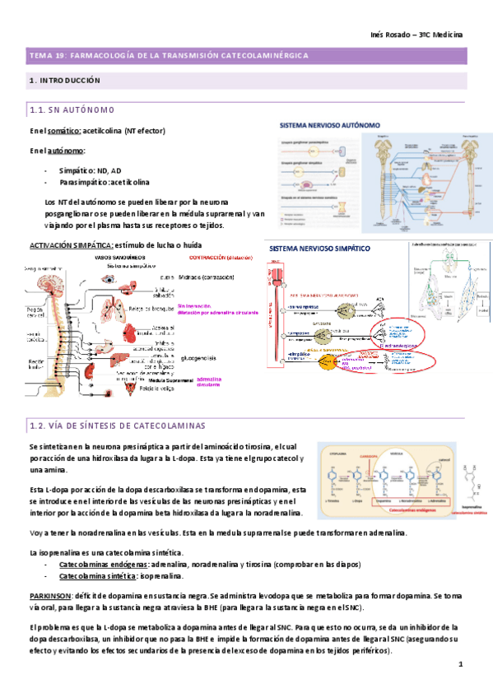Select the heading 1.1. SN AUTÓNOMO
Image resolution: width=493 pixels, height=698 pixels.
pyautogui.click(x=78, y=110)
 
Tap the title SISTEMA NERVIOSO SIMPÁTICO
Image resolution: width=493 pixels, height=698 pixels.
pyautogui.click(x=320, y=248)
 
